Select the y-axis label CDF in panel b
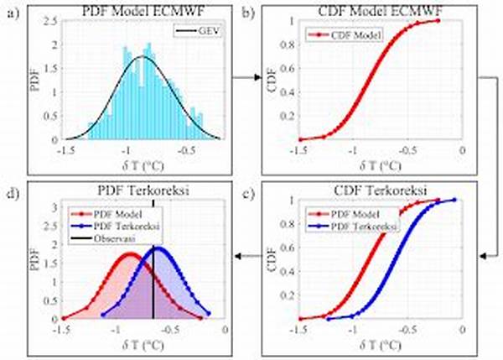272,80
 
